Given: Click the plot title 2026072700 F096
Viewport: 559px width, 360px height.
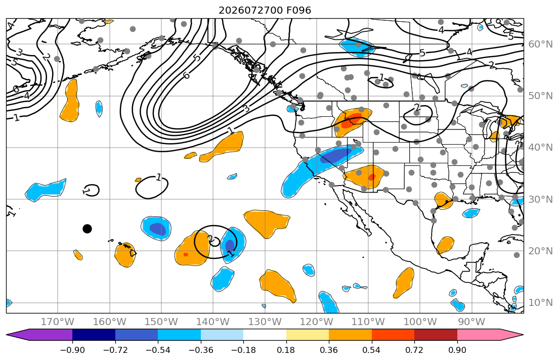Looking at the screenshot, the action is point(265,10).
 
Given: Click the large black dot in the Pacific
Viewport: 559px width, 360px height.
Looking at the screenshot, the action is point(87,229).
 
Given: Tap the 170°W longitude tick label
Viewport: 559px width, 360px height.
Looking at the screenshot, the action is point(58,322).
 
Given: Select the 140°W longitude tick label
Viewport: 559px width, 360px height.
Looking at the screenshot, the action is point(213,322).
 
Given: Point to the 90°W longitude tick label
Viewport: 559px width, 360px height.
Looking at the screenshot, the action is point(471,322).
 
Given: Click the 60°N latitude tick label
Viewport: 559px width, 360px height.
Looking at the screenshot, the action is point(540,44).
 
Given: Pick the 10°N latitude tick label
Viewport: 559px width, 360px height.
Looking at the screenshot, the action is point(540,303).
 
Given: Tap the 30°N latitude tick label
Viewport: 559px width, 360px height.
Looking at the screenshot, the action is point(540,199).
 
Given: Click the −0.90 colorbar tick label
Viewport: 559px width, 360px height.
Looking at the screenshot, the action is point(72,350).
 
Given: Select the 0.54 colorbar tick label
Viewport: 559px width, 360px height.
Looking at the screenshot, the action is point(371,350).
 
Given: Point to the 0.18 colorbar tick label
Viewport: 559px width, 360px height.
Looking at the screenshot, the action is point(286,350).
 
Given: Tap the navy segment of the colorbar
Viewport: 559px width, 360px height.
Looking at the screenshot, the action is point(94,335).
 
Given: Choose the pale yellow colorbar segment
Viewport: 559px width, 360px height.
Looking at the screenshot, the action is point(307,335).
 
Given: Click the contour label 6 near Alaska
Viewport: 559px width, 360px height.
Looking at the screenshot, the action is point(186,75).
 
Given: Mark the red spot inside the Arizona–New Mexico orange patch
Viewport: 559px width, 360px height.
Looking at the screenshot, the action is point(371,177).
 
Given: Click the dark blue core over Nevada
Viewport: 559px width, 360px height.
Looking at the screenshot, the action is point(334,155).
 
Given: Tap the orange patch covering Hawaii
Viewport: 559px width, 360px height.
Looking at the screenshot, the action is point(125,254).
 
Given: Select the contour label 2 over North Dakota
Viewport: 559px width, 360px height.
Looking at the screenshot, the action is point(417,107).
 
